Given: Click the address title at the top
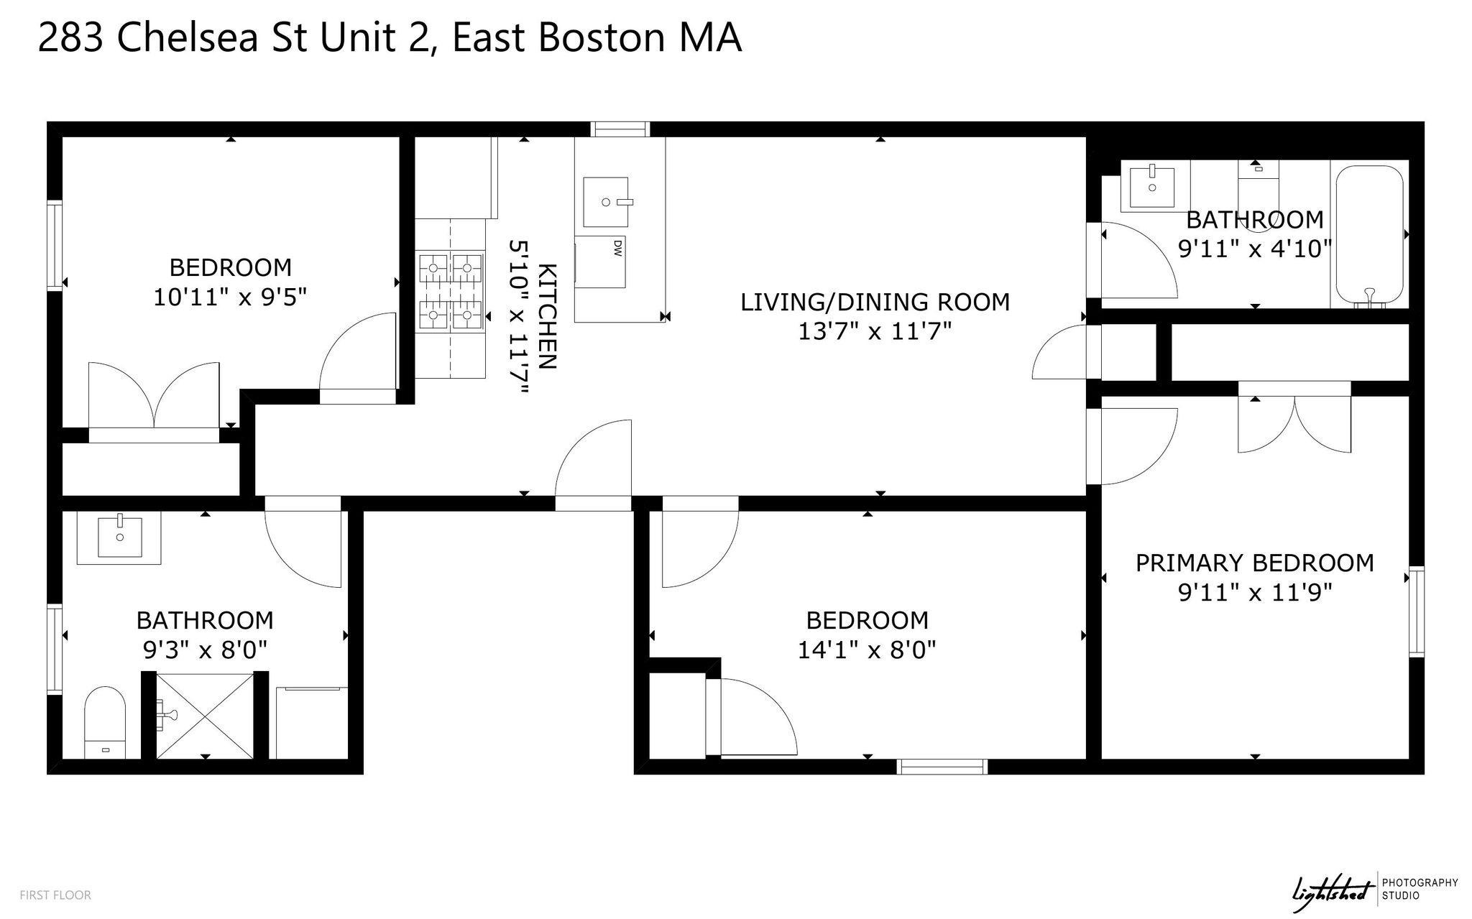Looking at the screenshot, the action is click(x=390, y=38).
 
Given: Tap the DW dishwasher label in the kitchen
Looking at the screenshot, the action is click(x=617, y=249).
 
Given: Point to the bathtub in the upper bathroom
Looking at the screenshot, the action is click(x=1369, y=235).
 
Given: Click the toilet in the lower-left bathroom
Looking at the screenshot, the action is click(x=105, y=721).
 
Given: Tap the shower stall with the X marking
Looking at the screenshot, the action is click(x=205, y=714).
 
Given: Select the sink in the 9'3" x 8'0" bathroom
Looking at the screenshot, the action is click(x=119, y=538).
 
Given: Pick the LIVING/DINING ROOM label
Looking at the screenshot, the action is click(x=875, y=303).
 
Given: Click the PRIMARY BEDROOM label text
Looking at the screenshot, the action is click(x=1254, y=563).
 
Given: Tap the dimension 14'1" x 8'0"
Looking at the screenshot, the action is click(x=867, y=650).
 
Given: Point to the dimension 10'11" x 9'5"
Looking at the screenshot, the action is click(x=230, y=297).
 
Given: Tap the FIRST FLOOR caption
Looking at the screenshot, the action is click(x=55, y=895).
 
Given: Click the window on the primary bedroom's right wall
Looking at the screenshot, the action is click(x=1416, y=611).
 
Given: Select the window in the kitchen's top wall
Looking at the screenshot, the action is click(x=620, y=129).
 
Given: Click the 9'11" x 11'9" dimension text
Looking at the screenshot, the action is click(x=1254, y=593).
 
